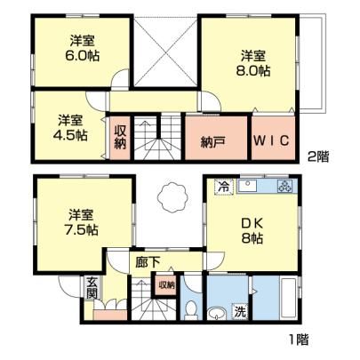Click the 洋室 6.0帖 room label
(83, 48)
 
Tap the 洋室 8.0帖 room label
(252, 63)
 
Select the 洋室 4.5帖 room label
(70, 128)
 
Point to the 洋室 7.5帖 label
(82, 222)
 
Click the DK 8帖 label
(252, 231)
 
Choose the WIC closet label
(271, 140)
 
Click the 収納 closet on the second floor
(120, 137)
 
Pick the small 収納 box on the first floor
(166, 285)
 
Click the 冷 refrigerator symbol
(224, 187)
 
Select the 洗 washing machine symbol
(240, 311)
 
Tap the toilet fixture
(191, 310)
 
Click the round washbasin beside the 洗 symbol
(217, 314)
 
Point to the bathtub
(288, 298)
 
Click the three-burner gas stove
(284, 187)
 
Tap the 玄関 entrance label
(92, 287)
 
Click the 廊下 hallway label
(148, 262)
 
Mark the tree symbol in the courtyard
(172, 197)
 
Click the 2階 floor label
(318, 156)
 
